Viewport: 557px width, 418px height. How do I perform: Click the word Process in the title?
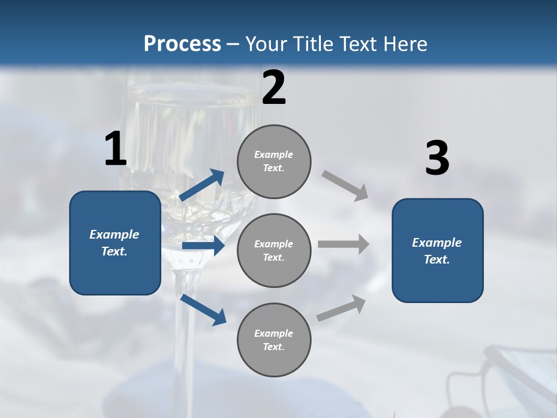(x=182, y=44)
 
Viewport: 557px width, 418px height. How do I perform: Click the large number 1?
(x=115, y=149)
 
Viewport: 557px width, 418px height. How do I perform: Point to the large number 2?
(x=274, y=88)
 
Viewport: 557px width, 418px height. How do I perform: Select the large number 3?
(x=437, y=158)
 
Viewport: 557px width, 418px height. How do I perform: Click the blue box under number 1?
(x=115, y=243)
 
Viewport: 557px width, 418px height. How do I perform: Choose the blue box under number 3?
(x=437, y=250)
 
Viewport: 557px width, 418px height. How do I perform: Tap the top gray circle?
(x=274, y=161)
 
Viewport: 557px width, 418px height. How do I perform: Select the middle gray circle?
(x=274, y=250)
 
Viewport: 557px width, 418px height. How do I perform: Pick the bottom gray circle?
(x=274, y=340)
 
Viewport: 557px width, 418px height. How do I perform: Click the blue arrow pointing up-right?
(x=202, y=185)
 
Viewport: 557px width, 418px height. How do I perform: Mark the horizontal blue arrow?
(x=203, y=246)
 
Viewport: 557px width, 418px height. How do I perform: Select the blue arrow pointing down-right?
(x=204, y=310)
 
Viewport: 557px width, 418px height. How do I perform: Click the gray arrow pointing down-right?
(x=345, y=185)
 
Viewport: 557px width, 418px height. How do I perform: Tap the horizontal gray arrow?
(x=343, y=244)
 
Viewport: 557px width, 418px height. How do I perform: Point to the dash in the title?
(x=233, y=44)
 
